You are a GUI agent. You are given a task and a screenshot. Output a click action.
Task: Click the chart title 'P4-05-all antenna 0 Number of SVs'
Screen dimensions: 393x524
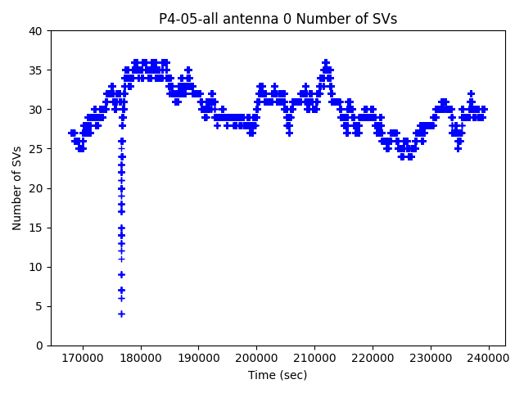(278, 19)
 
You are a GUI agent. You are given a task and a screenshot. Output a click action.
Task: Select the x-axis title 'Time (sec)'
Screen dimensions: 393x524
(278, 375)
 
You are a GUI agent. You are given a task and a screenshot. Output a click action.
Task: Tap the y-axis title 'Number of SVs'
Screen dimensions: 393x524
(17, 187)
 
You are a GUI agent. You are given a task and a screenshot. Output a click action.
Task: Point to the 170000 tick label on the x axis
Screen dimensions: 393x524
(83, 358)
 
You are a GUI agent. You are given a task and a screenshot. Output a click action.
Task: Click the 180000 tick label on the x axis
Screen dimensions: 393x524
(141, 358)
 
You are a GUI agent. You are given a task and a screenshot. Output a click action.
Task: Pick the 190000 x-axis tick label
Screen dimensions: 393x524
(199, 358)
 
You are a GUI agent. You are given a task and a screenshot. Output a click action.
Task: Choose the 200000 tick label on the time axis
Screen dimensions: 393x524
(256, 358)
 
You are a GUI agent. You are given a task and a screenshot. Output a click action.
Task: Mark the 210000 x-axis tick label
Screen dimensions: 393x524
(314, 358)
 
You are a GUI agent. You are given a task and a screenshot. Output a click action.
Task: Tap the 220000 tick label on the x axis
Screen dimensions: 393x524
(373, 358)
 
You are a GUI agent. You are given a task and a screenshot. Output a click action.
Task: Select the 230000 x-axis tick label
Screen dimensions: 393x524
(431, 358)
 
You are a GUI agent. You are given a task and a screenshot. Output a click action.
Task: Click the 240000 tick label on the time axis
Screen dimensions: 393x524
(489, 358)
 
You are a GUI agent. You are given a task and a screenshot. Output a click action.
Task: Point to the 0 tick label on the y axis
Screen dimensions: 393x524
(40, 346)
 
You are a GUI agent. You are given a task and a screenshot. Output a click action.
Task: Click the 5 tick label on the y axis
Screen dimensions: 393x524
(40, 306)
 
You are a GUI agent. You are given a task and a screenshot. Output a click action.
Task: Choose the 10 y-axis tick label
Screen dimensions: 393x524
(37, 267)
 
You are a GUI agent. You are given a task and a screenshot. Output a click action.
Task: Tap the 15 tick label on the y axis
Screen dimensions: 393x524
(37, 228)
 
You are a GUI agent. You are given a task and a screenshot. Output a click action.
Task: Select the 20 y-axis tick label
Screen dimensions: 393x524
(37, 188)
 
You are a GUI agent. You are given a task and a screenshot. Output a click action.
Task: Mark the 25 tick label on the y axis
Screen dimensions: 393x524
(37, 149)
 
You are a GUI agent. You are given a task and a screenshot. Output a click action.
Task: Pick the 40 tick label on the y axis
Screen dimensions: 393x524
(37, 31)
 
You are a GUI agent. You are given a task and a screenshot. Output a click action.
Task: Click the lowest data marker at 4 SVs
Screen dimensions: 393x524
(121, 314)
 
